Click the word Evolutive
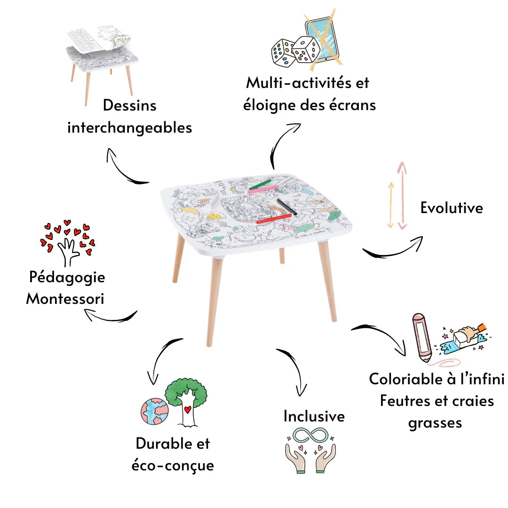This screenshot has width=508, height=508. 452,207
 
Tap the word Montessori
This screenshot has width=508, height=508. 65,299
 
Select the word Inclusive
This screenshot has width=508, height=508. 314,416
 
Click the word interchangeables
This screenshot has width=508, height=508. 130,127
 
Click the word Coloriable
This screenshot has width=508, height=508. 407,379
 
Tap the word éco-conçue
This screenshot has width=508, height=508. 173,465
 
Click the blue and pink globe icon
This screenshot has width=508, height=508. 154,411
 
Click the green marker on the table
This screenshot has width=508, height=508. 259,184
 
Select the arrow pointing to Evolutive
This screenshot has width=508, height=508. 393,249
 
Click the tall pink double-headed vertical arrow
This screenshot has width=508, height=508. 402,195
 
